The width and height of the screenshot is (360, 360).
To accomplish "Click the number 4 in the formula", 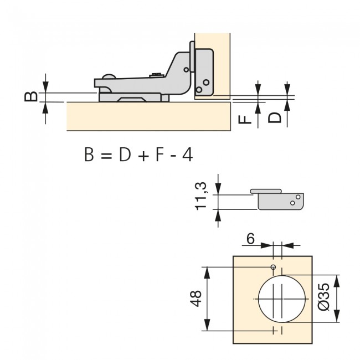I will [187, 155].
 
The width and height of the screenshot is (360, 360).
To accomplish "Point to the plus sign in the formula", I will [143, 156].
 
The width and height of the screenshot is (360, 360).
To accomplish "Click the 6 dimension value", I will [250, 239].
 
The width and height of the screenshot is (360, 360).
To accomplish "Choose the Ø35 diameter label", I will [325, 297].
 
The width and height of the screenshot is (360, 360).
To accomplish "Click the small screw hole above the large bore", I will [273, 268].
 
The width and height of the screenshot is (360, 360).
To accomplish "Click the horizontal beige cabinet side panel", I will [148, 116].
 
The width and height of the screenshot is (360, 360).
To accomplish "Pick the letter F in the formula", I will [160, 155].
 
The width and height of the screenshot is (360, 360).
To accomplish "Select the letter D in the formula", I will [124, 155].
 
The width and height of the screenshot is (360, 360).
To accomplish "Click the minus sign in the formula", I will [174, 156].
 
